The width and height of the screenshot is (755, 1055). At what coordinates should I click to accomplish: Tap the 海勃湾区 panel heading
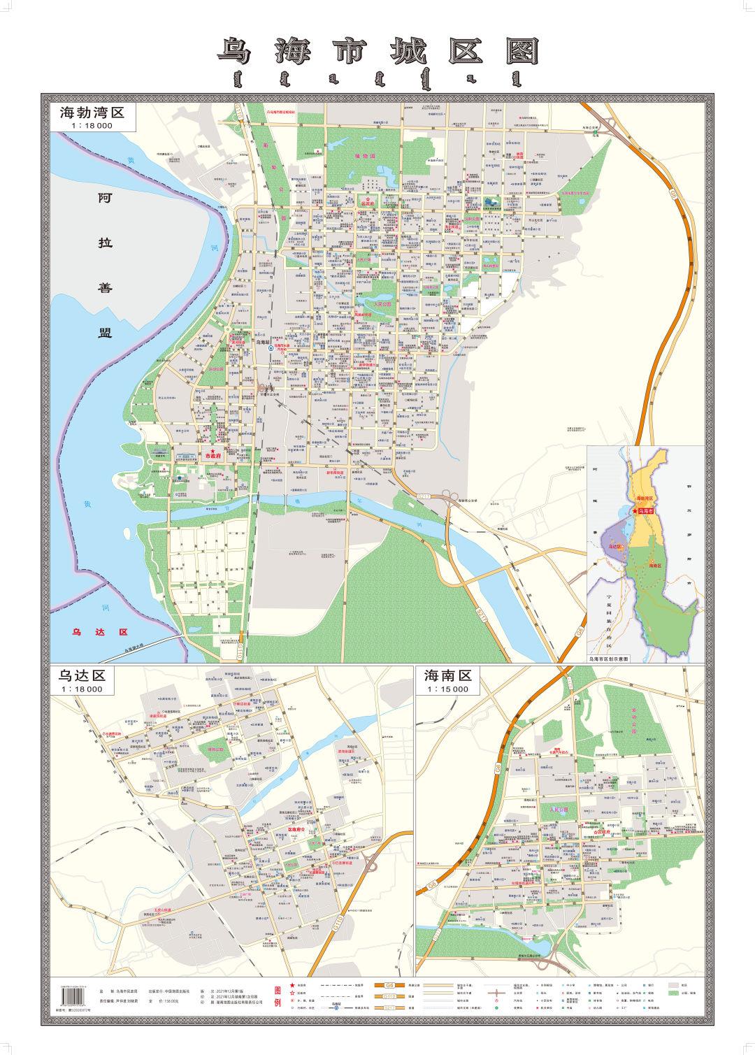click(x=91, y=113)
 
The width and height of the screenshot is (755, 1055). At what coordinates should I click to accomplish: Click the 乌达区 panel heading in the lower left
click(x=81, y=675)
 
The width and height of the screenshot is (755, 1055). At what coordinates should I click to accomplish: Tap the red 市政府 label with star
click(x=212, y=454)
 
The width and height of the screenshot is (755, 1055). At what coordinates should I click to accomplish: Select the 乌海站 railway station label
click(x=264, y=343)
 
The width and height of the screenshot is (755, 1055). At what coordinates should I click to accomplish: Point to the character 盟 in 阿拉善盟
click(x=104, y=332)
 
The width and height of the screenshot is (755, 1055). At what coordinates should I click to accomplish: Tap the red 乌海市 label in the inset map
click(x=648, y=512)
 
